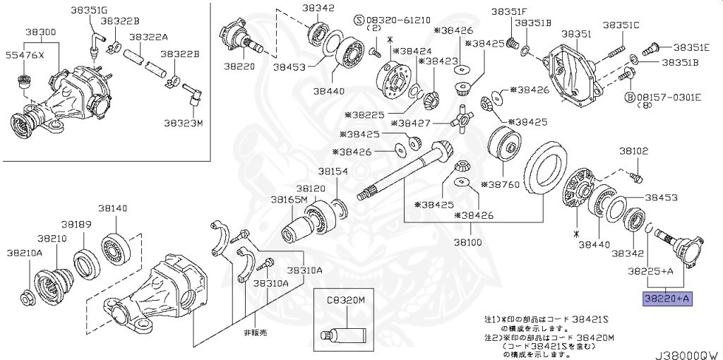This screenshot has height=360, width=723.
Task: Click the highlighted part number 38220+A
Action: coord(667,299)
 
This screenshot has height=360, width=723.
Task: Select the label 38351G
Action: coord(90,10)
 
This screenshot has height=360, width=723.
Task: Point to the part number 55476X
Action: coord(25,54)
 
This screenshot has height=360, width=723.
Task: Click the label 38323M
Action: coord(184,122)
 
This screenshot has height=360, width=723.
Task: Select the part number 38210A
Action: coord(25,252)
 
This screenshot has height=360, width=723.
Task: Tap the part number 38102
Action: coord(633,150)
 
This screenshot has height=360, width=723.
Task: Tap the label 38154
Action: coord(332,172)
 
